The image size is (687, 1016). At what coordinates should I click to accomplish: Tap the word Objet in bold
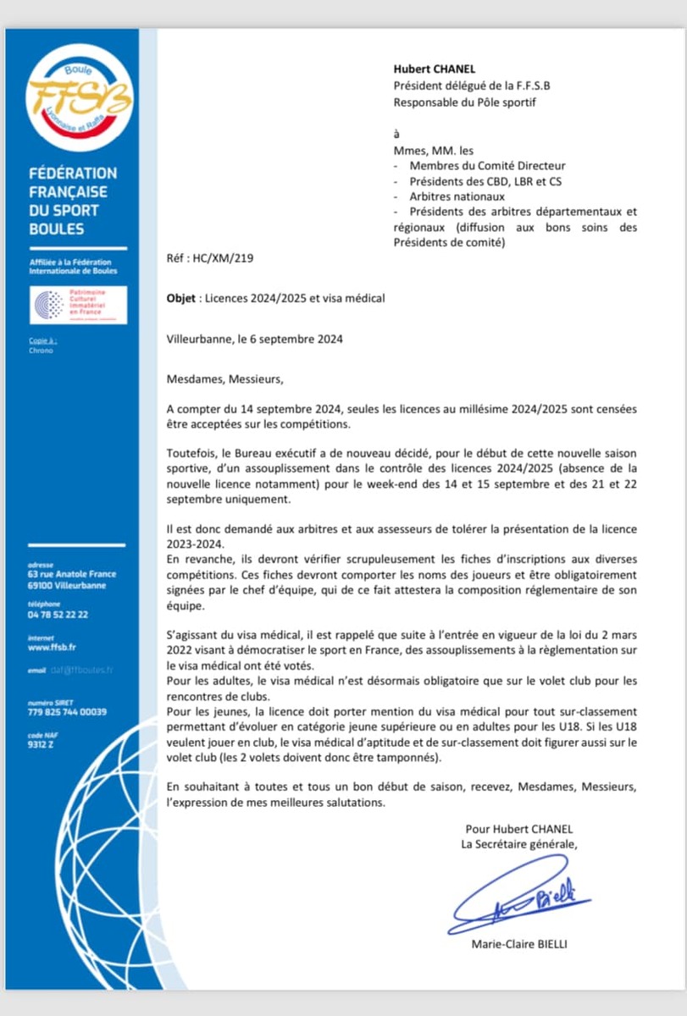pos(184,298)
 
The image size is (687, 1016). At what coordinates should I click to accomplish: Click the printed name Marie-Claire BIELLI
pos(518,945)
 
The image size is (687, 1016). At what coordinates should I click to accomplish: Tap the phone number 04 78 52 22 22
pos(58,615)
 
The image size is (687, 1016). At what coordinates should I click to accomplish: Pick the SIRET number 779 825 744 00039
pos(67,712)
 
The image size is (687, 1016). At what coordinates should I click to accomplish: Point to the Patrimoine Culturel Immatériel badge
pos(78,305)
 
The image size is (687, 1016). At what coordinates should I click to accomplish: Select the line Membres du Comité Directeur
pos(487,166)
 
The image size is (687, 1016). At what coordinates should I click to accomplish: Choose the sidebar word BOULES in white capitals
pos(56,229)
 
